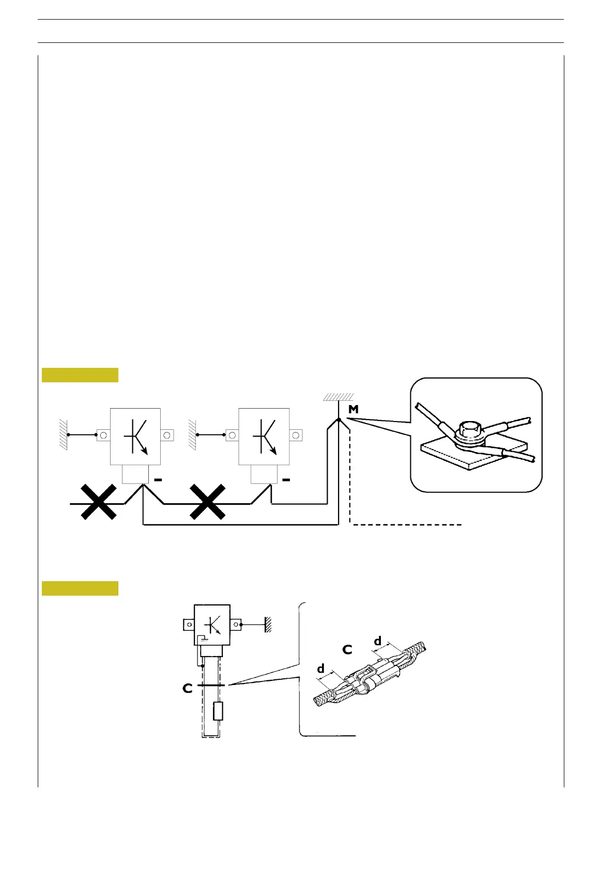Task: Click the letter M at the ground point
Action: point(353,410)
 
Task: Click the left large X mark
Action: point(98,502)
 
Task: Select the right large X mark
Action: point(207,502)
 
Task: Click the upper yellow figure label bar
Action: point(80,375)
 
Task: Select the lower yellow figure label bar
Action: point(80,588)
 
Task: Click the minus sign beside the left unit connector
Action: point(158,480)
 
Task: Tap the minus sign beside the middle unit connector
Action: point(286,480)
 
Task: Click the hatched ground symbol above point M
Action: point(339,397)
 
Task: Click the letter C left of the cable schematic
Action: point(188,689)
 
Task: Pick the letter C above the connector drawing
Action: point(347,649)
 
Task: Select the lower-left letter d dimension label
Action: point(321,669)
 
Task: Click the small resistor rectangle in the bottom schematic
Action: point(218,711)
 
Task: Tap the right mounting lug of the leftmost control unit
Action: point(167,435)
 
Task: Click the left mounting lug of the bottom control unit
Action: point(189,625)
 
